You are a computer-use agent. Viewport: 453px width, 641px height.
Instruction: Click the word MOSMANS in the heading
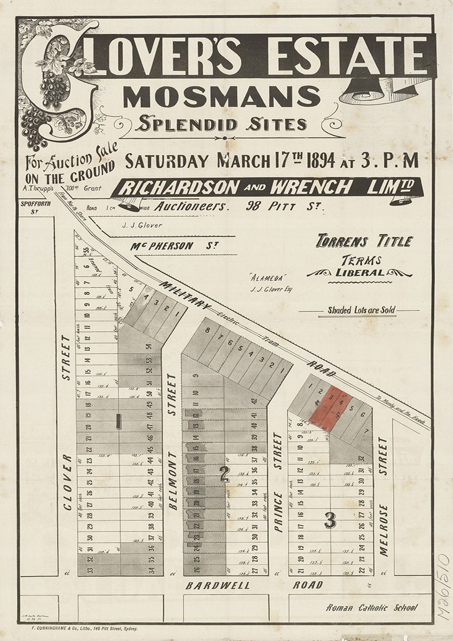point(221,96)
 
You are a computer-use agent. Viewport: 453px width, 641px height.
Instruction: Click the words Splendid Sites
point(221,124)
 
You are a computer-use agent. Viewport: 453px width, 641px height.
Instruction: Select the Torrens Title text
point(364,241)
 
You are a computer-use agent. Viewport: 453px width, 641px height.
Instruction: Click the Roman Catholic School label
point(372,607)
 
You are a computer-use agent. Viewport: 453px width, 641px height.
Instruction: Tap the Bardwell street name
point(218,585)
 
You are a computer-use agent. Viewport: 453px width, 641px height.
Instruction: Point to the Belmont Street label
point(172,441)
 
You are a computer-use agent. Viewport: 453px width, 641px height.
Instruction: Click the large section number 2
point(225,474)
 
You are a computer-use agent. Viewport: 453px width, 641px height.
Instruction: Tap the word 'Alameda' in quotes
point(261,278)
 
